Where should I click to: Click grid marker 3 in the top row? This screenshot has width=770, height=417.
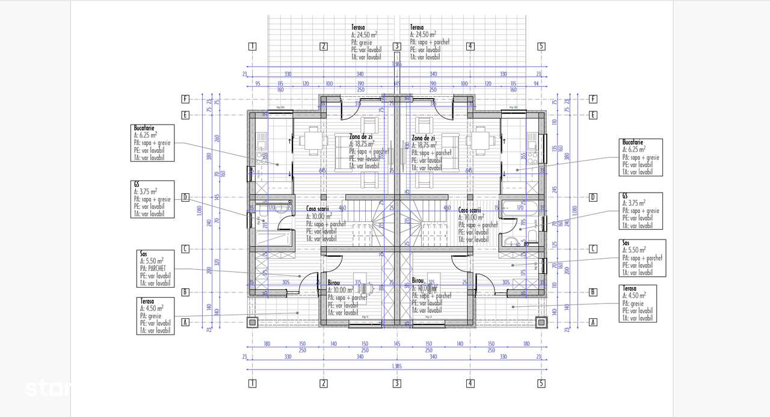pos(396,46)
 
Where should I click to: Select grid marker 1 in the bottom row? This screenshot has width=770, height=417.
pos(252,383)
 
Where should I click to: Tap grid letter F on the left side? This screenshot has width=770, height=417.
pos(186,99)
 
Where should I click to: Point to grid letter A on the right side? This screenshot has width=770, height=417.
pos(593,322)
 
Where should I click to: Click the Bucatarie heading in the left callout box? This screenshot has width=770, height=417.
pos(144,129)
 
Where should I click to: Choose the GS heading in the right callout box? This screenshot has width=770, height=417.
pos(626,197)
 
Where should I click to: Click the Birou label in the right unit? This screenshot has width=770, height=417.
pos(418,280)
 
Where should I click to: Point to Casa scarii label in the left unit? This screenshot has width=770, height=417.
pos(318,209)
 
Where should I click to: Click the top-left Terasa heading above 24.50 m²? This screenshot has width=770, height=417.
pos(359,28)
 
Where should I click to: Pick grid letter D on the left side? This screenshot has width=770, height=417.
pos(186,197)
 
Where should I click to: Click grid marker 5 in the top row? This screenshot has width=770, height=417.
pos(541,46)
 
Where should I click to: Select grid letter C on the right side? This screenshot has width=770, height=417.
pos(593,249)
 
